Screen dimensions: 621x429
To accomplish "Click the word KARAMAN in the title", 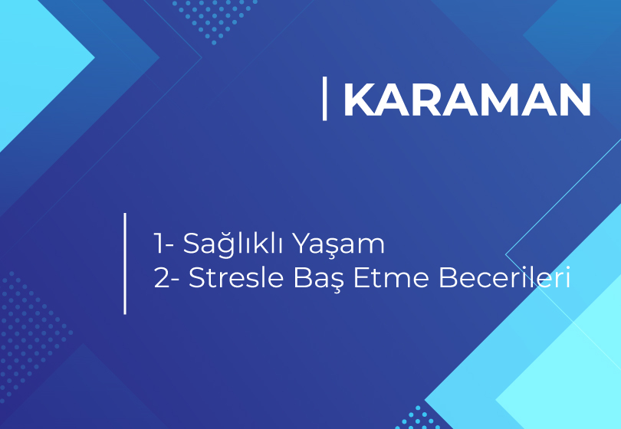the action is coord(468,100).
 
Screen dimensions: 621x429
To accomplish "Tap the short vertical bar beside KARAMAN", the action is coord(325,99).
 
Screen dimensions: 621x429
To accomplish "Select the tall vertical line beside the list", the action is coord(125,264).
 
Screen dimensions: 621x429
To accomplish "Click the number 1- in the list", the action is coord(163,243).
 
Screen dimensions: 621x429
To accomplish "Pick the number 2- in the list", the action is coord(166,277).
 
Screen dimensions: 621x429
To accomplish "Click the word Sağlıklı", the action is coord(233,244).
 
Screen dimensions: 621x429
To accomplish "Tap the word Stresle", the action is coord(236,277).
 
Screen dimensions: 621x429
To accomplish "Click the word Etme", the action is coord(391,277).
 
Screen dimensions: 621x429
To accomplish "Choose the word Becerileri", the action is coord(504,277).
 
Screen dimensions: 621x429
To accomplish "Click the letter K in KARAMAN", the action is coord(360,100).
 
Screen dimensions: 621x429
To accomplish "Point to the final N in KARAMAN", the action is coord(576,100).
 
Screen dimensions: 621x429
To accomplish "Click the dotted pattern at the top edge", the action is coord(215,21).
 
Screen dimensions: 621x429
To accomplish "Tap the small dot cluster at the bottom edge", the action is coord(419,418).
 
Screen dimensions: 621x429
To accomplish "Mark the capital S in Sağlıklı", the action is coord(192,243).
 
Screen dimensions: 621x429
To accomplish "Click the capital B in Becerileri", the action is coord(447,277).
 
